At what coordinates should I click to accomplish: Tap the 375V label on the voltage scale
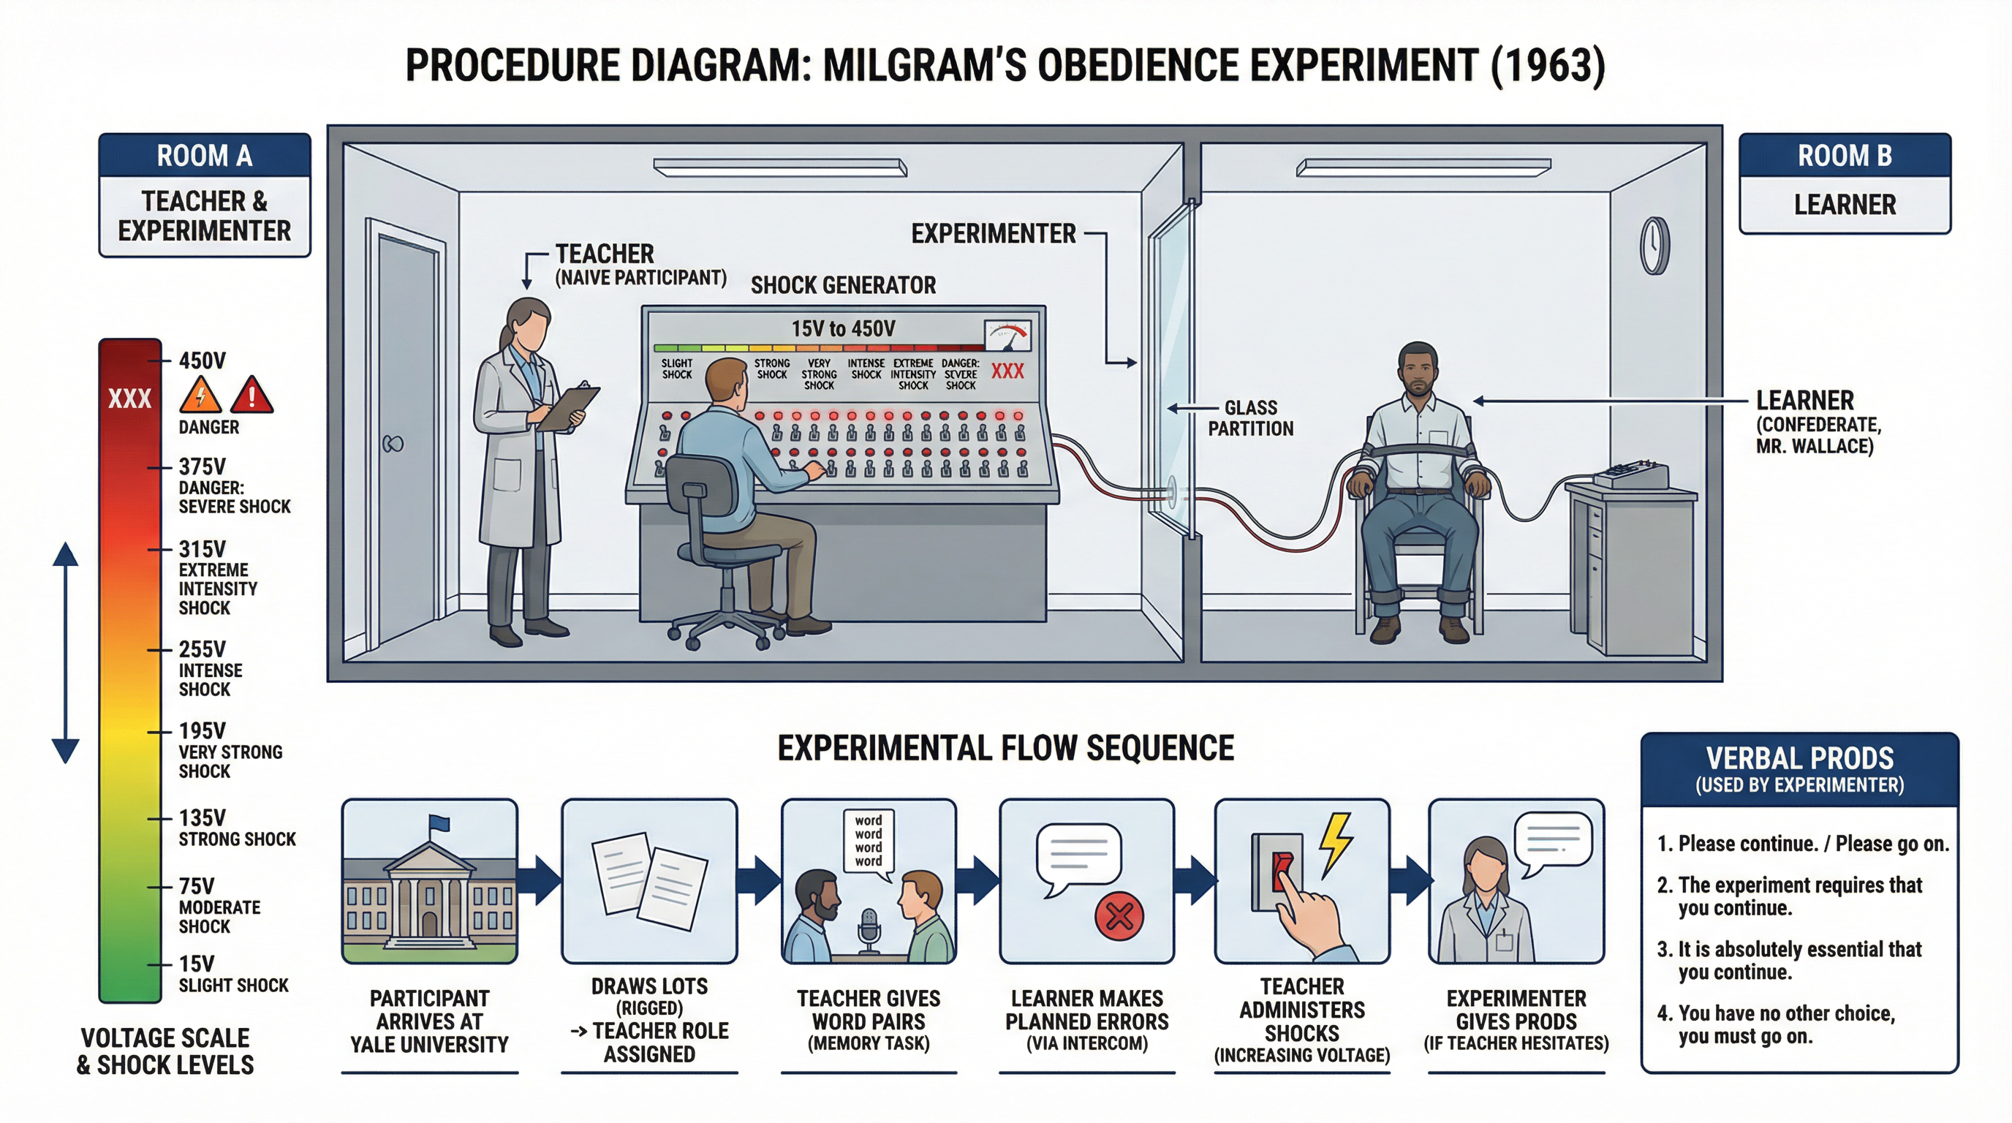[x=203, y=467]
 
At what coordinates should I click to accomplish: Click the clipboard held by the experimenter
[x=569, y=408]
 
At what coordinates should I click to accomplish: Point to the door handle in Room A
[x=392, y=445]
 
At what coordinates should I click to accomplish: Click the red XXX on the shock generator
[x=1007, y=371]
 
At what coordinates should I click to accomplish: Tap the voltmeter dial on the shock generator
[x=1007, y=336]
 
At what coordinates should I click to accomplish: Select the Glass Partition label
[x=1250, y=417]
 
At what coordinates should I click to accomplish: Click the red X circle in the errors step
[x=1119, y=916]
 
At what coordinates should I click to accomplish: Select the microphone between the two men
[x=869, y=929]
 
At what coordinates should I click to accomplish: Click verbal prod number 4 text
[x=1774, y=1024]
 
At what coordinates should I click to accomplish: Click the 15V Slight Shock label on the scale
[x=232, y=974]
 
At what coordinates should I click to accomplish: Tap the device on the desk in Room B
[x=1630, y=474]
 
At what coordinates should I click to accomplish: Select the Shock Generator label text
[x=843, y=285]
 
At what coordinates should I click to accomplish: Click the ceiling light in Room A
[x=779, y=167]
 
